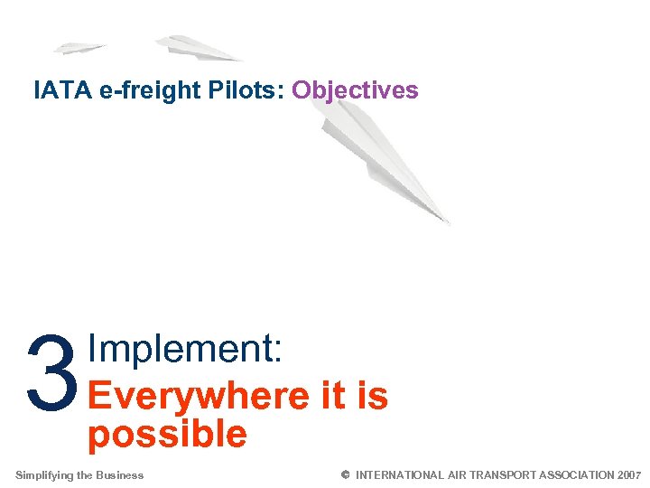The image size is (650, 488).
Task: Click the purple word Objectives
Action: pos(355,90)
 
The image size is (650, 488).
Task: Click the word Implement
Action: pos(186,350)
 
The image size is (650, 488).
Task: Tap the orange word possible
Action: pos(167,434)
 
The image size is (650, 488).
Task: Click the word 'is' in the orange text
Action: pos(370,395)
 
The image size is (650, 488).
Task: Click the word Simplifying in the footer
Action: pos(44,475)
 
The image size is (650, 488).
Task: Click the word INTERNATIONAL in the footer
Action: pos(400,475)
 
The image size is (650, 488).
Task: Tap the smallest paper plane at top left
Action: pos(79,47)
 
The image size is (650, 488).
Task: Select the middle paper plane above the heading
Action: pos(197,48)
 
